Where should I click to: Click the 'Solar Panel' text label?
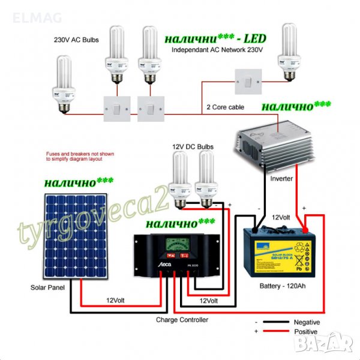click(x=47, y=288)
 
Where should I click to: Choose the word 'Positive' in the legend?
click(x=306, y=331)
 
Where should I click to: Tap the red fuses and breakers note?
click(x=74, y=157)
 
